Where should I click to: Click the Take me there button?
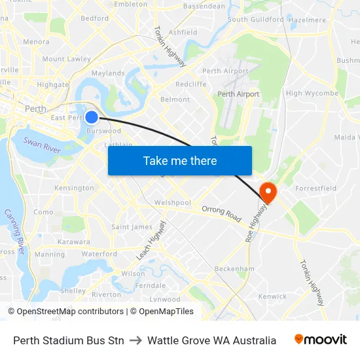tap(180, 160)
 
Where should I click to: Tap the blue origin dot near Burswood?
tap(92, 117)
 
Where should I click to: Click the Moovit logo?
tap(320, 340)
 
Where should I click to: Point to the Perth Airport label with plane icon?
tap(239, 94)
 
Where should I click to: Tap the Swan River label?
tap(42, 146)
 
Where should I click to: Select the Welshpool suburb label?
tap(173, 203)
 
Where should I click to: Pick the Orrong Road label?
tap(222, 212)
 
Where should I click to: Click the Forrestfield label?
tap(317, 189)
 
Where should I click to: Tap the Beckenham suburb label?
tap(234, 269)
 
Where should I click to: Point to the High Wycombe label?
tap(312, 94)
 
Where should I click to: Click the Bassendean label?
tap(204, 7)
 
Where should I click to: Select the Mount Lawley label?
tap(67, 59)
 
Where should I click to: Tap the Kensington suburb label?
tap(75, 189)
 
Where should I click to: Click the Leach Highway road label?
tap(152, 240)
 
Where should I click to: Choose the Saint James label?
tap(132, 227)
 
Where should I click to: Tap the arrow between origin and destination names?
tap(135, 340)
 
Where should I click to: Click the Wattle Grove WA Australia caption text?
tap(211, 340)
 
